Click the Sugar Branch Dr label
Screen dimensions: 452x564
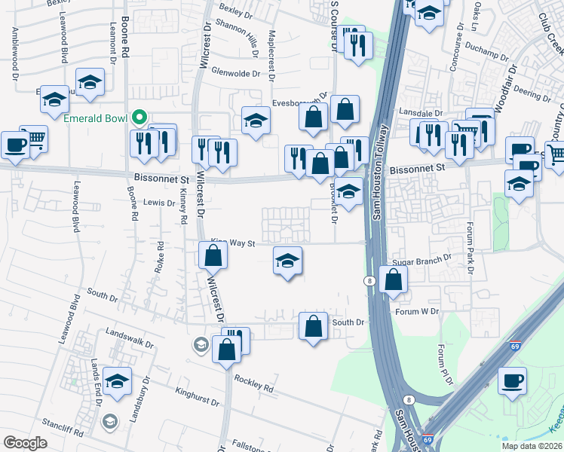pos(421,257)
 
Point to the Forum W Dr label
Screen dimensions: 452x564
pos(417,310)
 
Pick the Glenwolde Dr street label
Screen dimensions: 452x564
pos(236,74)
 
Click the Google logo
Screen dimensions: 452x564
pos(25,443)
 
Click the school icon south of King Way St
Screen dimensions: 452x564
pos(287,261)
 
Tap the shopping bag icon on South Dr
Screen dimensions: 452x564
pos(314,326)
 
